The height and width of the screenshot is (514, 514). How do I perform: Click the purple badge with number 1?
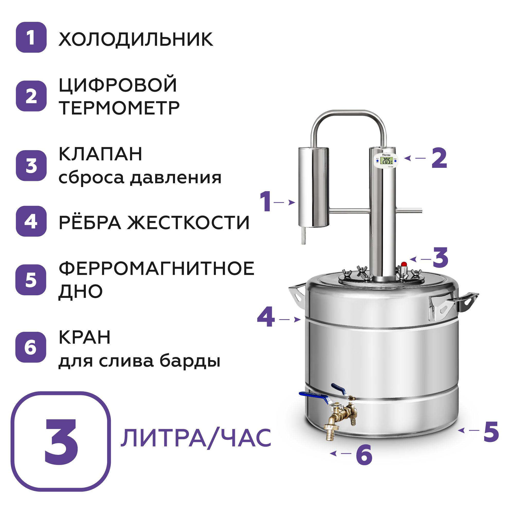31,37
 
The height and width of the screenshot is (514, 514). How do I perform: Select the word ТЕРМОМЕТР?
119,108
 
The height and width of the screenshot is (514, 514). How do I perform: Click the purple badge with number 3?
31,166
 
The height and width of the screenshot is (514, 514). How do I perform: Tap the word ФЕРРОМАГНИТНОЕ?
157,269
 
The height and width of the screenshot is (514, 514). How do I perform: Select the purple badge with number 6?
31,347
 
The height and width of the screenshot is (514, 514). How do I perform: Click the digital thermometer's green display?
387,160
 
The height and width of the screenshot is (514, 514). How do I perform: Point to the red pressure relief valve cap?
404,264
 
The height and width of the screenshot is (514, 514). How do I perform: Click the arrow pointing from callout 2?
415,158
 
